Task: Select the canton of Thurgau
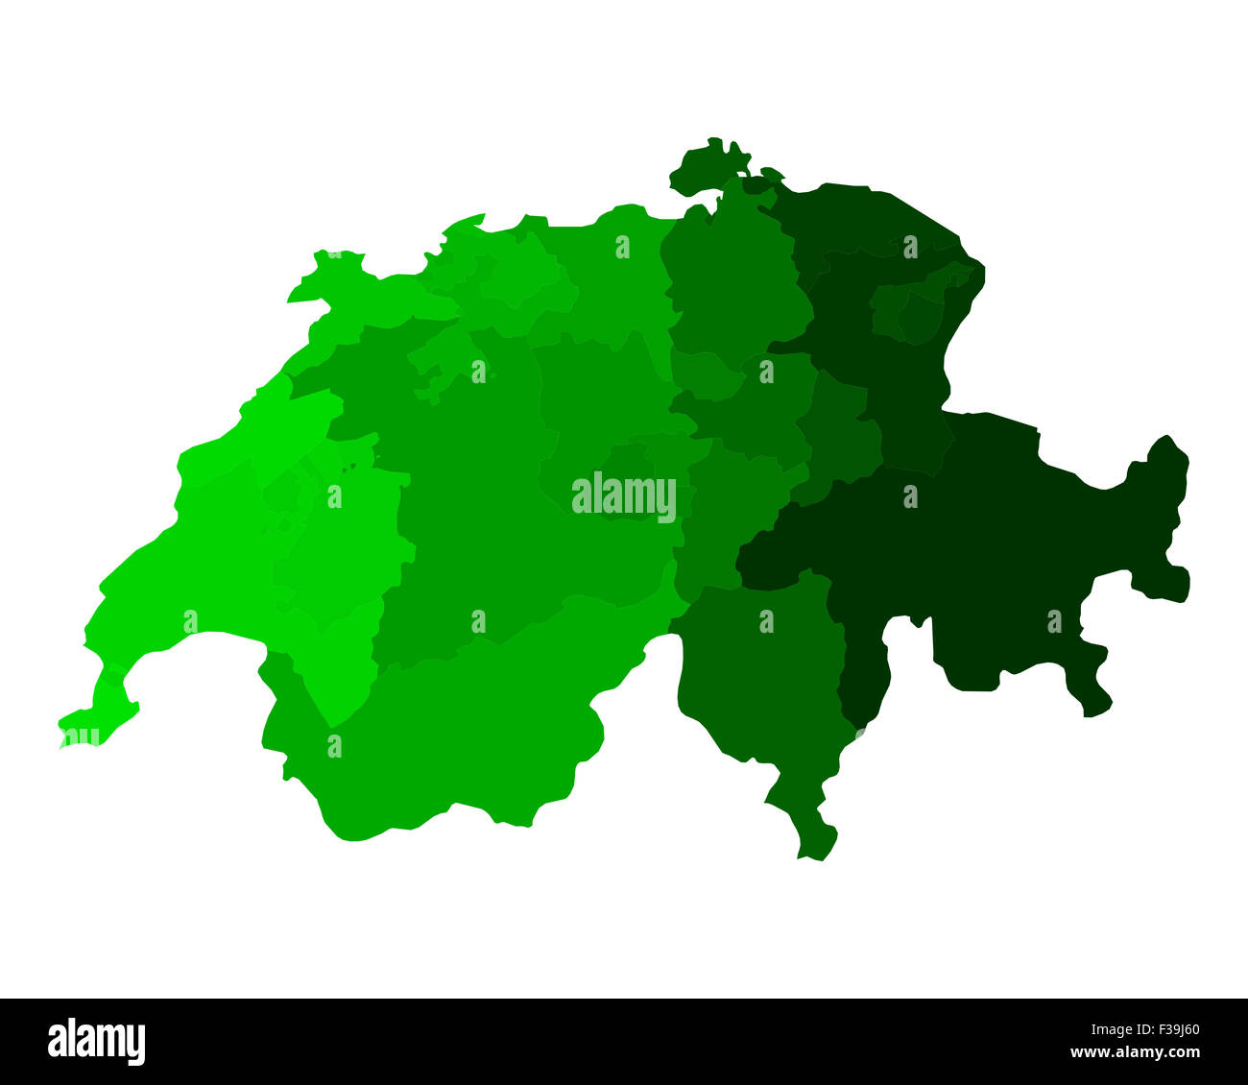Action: tap(864, 221)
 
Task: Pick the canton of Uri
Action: tap(730, 509)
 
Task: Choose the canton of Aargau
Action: tap(614, 278)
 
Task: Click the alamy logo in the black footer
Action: tap(97, 1042)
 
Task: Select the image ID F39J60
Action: tap(1164, 1029)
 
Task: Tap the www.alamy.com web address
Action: tap(1136, 1053)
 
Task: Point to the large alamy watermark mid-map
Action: tap(624, 497)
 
